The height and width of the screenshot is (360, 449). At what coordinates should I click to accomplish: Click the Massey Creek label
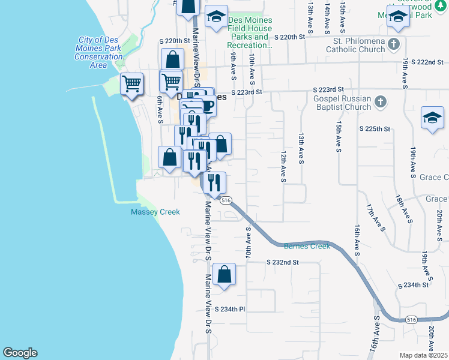pos(155,212)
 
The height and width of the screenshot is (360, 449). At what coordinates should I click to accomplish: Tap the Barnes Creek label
pos(307,246)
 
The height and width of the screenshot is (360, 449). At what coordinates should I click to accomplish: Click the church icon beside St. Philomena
pos(393,44)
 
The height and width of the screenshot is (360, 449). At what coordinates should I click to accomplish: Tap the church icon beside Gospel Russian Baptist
pos(379,103)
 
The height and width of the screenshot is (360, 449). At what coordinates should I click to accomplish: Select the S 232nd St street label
pos(282,262)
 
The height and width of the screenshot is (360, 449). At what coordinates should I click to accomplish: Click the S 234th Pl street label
pos(231,310)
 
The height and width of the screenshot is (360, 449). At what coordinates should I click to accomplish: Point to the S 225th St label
pos(375,129)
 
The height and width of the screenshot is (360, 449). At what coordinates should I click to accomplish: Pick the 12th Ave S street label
pos(283,166)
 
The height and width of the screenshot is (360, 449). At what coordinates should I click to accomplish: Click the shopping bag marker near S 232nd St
pos(224,275)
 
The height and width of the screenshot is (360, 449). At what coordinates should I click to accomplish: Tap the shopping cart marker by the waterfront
pos(131,83)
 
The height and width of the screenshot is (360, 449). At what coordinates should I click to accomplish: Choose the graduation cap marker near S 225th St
pos(432,118)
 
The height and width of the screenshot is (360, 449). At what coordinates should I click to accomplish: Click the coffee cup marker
pos(207,106)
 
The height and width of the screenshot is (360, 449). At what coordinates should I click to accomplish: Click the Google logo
pos(20,353)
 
